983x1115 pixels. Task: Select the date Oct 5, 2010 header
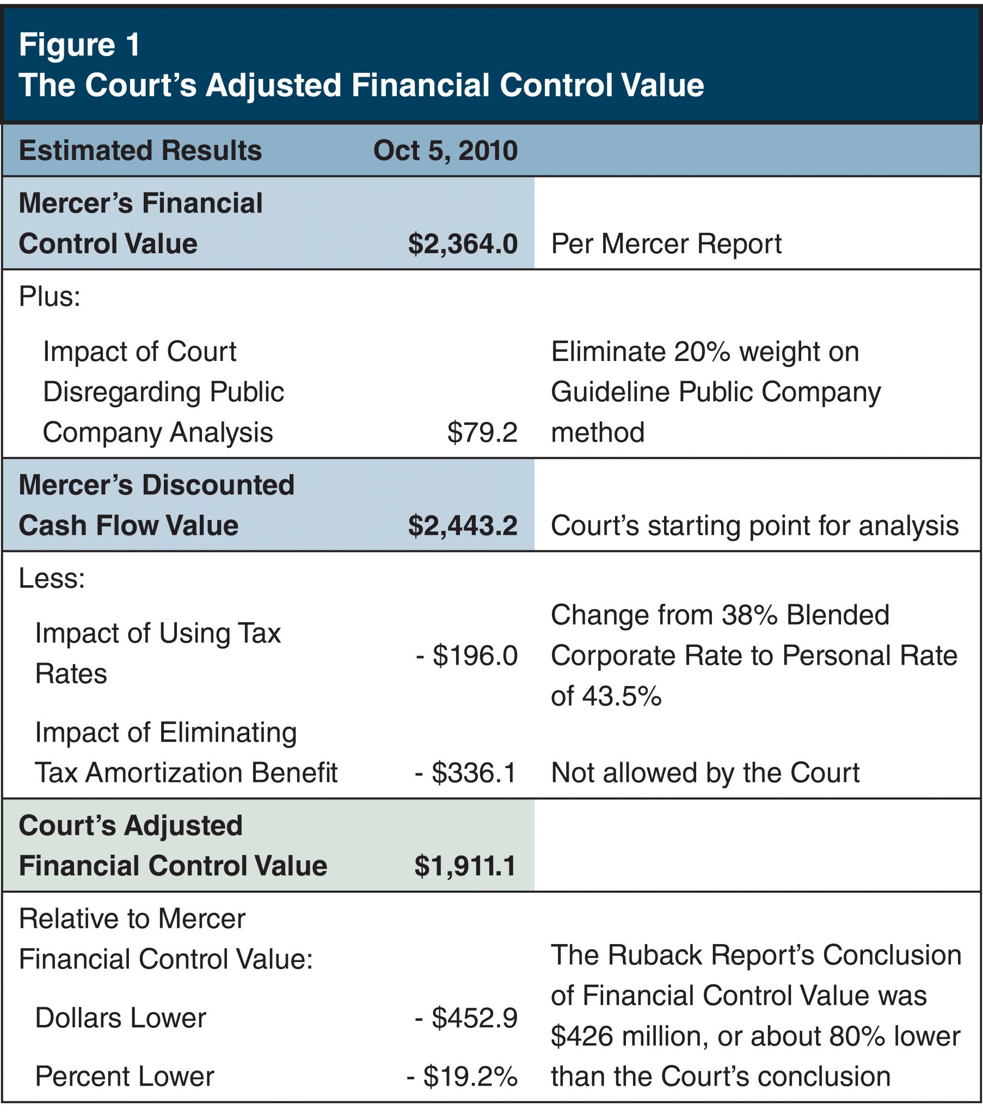(445, 151)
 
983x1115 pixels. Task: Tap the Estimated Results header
(140, 151)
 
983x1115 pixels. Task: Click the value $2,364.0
(463, 243)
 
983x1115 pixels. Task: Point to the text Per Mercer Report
(666, 243)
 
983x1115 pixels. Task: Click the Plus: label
(50, 297)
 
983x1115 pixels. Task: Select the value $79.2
(482, 432)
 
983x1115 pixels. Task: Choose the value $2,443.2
(463, 525)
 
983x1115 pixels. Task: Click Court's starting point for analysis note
(754, 525)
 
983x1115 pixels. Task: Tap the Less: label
(52, 578)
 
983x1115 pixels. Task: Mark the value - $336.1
(466, 773)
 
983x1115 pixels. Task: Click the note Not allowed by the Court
(705, 773)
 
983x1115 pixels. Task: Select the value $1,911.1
(465, 866)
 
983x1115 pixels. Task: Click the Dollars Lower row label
(120, 1018)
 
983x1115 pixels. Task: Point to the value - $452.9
(466, 1018)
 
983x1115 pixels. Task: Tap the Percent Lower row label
(125, 1076)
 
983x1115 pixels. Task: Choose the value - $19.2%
(462, 1076)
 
